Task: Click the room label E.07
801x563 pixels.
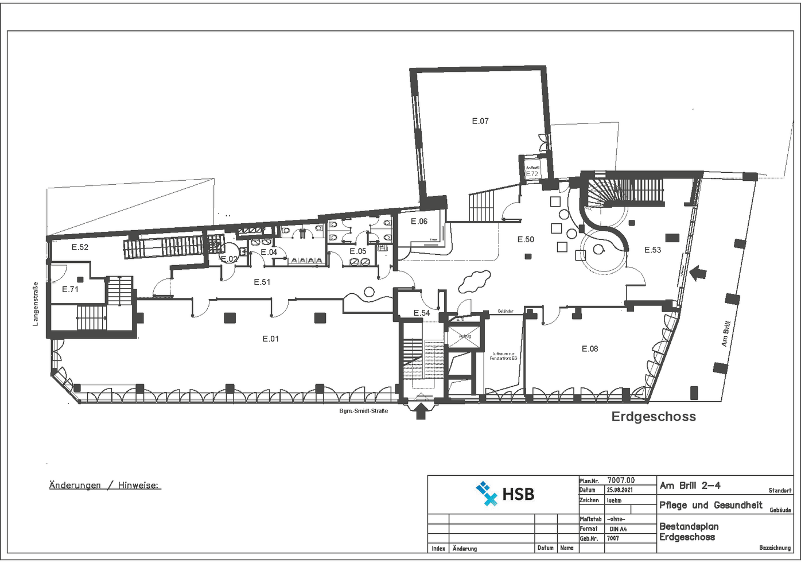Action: click(x=480, y=121)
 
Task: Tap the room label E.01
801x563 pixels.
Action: click(x=271, y=339)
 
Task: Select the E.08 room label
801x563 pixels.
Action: click(x=590, y=349)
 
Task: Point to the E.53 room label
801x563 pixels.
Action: click(x=652, y=250)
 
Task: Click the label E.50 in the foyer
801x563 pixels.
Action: click(x=526, y=240)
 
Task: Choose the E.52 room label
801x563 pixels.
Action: click(x=80, y=247)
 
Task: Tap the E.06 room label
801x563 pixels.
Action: click(x=419, y=222)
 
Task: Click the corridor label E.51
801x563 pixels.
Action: click(x=262, y=282)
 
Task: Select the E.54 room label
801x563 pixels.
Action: click(x=422, y=313)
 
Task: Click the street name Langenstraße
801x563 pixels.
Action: click(x=36, y=304)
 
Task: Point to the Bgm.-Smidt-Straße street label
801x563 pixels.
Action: click(x=363, y=411)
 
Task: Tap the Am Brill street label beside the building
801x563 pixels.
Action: click(x=726, y=334)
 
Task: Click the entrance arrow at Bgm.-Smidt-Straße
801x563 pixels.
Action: click(x=421, y=411)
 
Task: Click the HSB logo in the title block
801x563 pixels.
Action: click(x=505, y=494)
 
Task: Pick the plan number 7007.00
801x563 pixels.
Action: click(x=621, y=480)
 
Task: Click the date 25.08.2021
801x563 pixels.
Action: click(x=620, y=490)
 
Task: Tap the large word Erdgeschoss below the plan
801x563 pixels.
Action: click(x=654, y=417)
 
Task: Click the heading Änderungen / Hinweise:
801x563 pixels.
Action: click(x=105, y=486)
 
